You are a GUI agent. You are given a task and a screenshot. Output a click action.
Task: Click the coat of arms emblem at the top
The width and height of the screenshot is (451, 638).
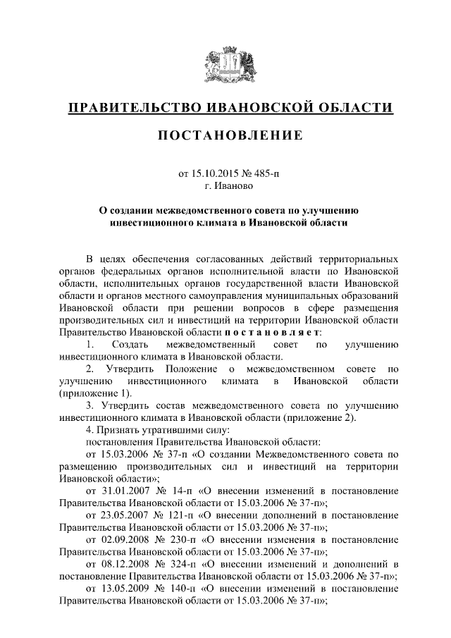(225, 67)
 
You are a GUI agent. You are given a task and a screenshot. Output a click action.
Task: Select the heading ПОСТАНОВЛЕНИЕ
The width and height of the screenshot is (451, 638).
(225, 135)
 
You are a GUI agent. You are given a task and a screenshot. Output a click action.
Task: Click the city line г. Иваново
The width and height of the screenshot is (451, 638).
(225, 186)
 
